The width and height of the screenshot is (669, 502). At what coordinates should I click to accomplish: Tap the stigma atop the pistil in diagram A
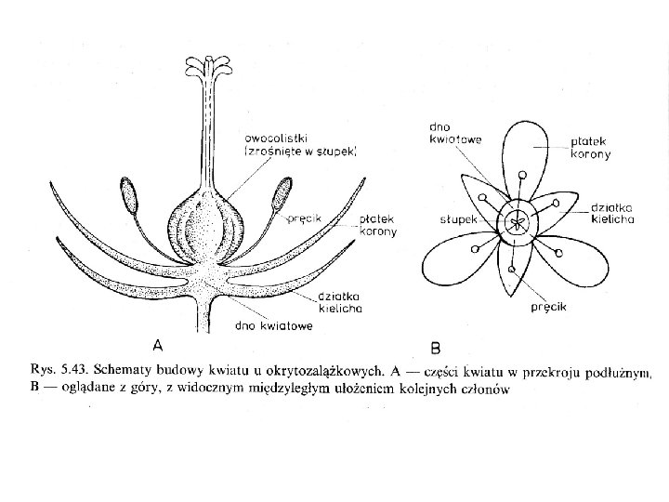click(x=207, y=69)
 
